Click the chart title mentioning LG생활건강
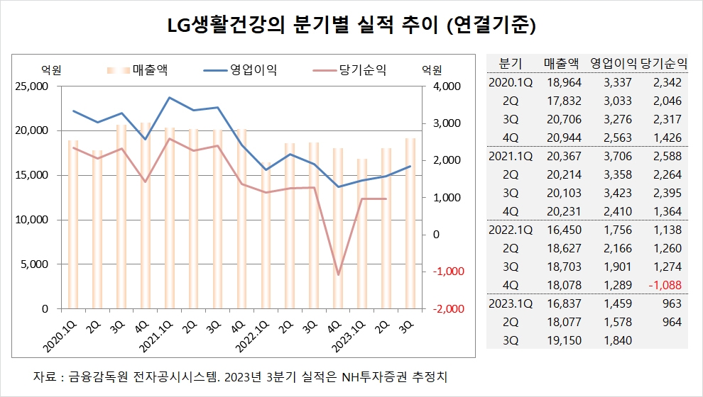pyautogui.click(x=351, y=26)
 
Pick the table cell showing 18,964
pyautogui.click(x=565, y=82)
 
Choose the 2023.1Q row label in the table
pyautogui.click(x=511, y=303)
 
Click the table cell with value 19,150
pyautogui.click(x=565, y=340)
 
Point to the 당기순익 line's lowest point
pyautogui.click(x=339, y=274)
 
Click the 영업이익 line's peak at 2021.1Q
pyautogui.click(x=170, y=97)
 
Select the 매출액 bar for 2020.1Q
pyautogui.click(x=73, y=224)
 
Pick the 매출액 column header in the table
pyautogui.click(x=562, y=62)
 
